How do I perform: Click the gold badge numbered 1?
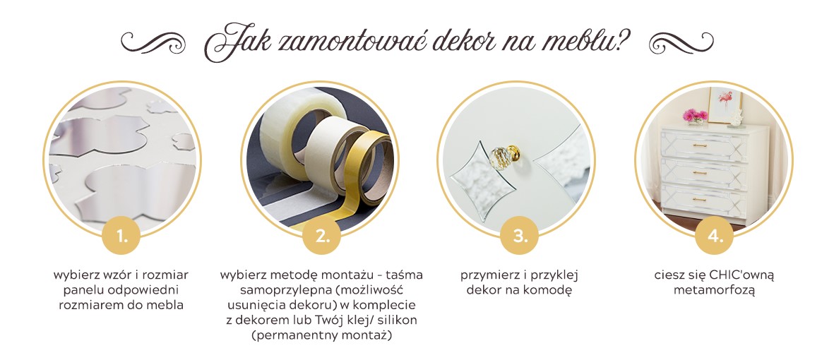click(121, 236)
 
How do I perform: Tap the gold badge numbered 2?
click(322, 236)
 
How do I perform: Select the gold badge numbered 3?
click(519, 236)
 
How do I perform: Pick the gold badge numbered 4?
click(715, 236)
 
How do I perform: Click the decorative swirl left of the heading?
click(153, 42)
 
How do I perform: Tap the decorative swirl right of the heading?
click(681, 42)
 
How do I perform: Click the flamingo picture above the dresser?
click(725, 104)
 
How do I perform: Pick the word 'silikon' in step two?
click(398, 320)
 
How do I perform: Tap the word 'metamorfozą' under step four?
click(715, 291)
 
